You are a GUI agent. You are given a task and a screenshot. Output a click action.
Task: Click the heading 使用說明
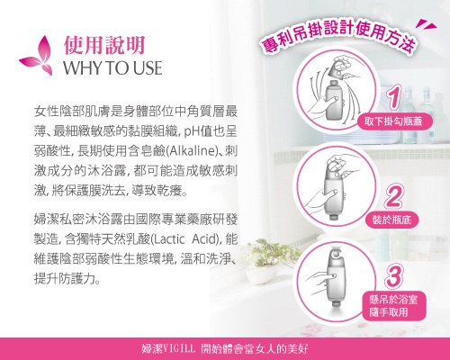104,45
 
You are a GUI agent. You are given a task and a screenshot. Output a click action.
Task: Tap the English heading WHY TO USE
112,67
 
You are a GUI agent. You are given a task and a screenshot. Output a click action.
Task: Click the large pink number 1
394,96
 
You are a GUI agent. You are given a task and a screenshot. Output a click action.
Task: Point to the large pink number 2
393,196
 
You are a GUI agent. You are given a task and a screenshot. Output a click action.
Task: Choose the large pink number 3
393,276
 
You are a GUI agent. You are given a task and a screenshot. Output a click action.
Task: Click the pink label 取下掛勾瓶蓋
393,121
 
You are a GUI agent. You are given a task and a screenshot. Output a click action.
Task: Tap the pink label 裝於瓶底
391,220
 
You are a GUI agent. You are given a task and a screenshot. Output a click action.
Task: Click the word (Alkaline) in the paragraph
191,151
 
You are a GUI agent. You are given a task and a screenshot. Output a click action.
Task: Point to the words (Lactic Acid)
184,239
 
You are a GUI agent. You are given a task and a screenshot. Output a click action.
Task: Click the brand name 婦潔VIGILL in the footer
168,349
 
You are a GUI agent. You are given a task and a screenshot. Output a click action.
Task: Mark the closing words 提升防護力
65,279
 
